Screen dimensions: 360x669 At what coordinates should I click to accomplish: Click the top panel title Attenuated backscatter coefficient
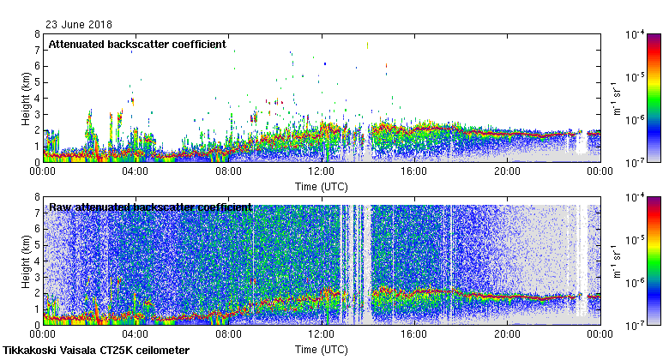click(137, 44)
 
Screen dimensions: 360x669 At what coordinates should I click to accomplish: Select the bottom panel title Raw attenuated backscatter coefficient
click(150, 207)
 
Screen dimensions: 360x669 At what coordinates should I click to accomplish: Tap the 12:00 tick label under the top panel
click(322, 171)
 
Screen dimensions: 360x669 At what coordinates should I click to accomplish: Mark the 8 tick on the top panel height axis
click(36, 34)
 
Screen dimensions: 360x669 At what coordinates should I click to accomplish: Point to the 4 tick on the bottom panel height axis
click(36, 261)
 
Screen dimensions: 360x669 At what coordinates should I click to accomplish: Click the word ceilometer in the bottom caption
click(161, 350)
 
